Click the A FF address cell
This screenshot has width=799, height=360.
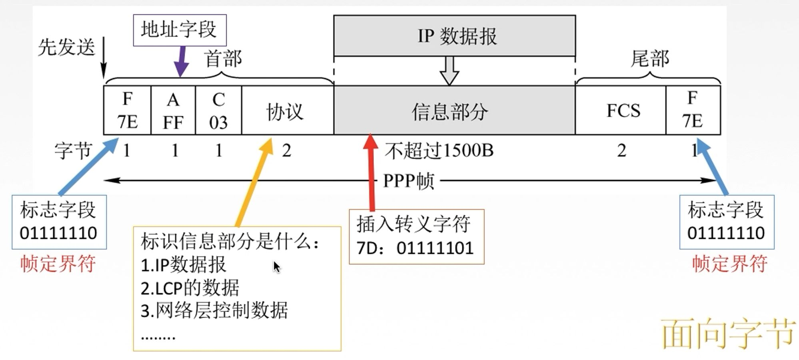pyautogui.click(x=173, y=110)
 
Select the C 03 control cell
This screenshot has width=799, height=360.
pyautogui.click(x=218, y=110)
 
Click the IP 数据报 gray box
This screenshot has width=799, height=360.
pyautogui.click(x=454, y=36)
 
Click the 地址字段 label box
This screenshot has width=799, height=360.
pyautogui.click(x=180, y=30)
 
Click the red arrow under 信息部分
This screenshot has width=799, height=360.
pyautogui.click(x=372, y=172)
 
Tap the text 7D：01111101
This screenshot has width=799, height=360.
pyautogui.click(x=415, y=248)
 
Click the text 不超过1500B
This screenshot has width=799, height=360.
pyautogui.click(x=439, y=151)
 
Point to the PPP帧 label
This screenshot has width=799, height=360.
pyautogui.click(x=408, y=181)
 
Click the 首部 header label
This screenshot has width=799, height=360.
pyautogui.click(x=223, y=59)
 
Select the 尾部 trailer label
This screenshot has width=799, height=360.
pyautogui.click(x=649, y=59)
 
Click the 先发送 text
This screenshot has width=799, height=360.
pyautogui.click(x=66, y=47)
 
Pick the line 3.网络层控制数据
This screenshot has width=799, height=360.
pyautogui.click(x=214, y=311)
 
